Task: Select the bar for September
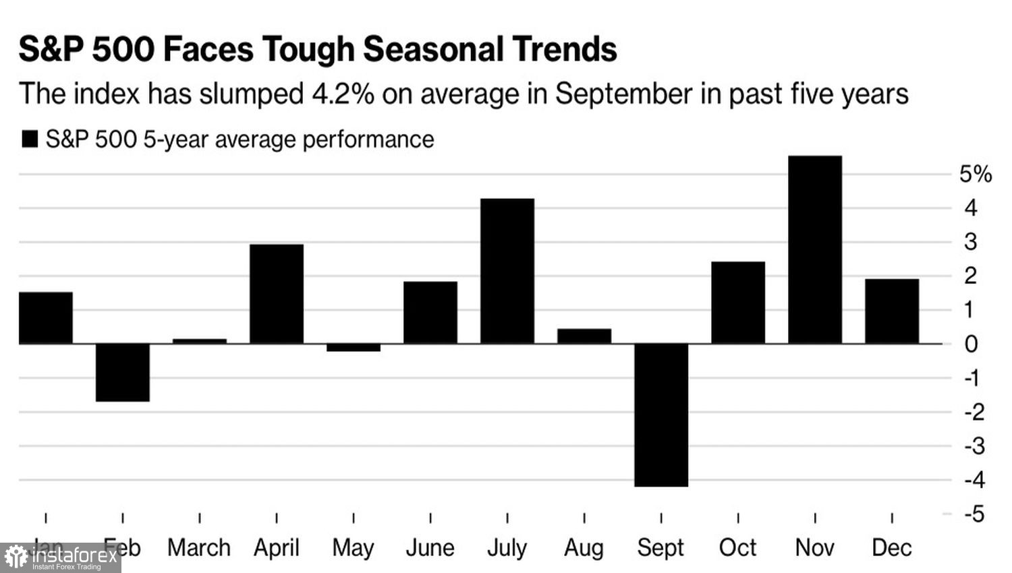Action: pyautogui.click(x=661, y=415)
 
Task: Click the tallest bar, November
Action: pyautogui.click(x=815, y=250)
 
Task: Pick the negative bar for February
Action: pyautogui.click(x=123, y=372)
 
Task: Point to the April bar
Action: pyautogui.click(x=277, y=294)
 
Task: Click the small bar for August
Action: pyautogui.click(x=584, y=336)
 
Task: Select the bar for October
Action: pyautogui.click(x=738, y=303)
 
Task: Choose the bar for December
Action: pyautogui.click(x=892, y=311)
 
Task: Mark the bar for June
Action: pyautogui.click(x=430, y=313)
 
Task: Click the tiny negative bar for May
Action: pyautogui.click(x=354, y=348)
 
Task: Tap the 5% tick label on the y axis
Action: pyautogui.click(x=975, y=175)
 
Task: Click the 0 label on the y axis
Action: pyautogui.click(x=971, y=344)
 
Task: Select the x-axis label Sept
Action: pyautogui.click(x=661, y=547)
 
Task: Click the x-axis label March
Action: pyautogui.click(x=199, y=547)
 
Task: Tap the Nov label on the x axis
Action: pyautogui.click(x=815, y=547)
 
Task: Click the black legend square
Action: pyautogui.click(x=30, y=140)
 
